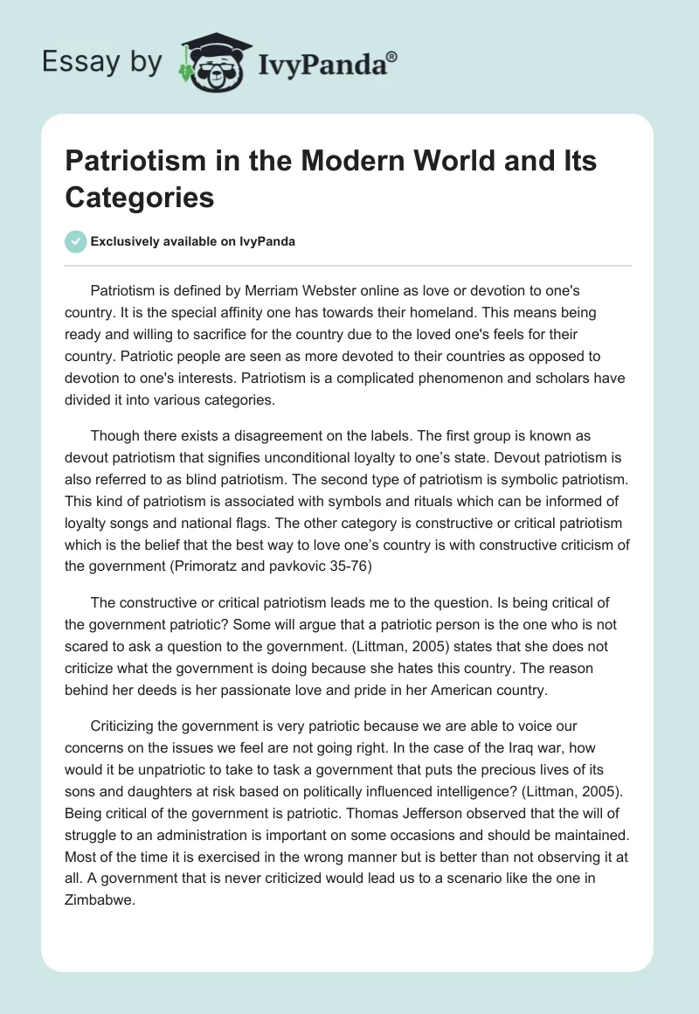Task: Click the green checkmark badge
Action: click(x=76, y=241)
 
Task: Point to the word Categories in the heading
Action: click(x=140, y=198)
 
